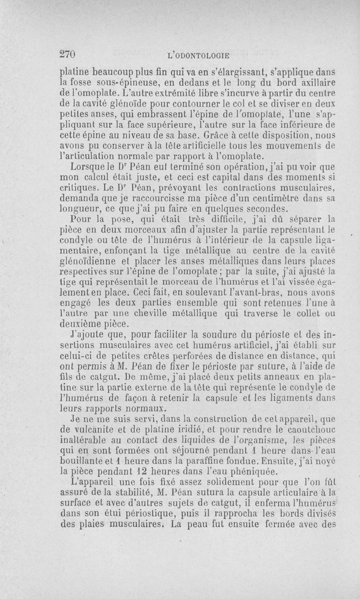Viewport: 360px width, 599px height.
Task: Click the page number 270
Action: click(67, 54)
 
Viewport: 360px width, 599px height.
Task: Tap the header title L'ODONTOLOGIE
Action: click(198, 55)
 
